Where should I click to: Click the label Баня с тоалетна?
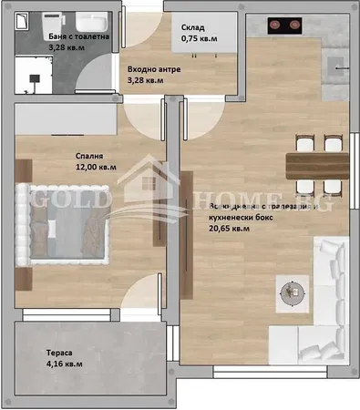click(x=78, y=37)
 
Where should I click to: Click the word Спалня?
click(x=89, y=155)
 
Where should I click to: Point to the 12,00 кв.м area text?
click(x=96, y=168)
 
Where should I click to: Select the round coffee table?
click(x=293, y=291)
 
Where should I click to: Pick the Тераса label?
click(x=60, y=352)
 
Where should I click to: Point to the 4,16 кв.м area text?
click(x=64, y=364)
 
